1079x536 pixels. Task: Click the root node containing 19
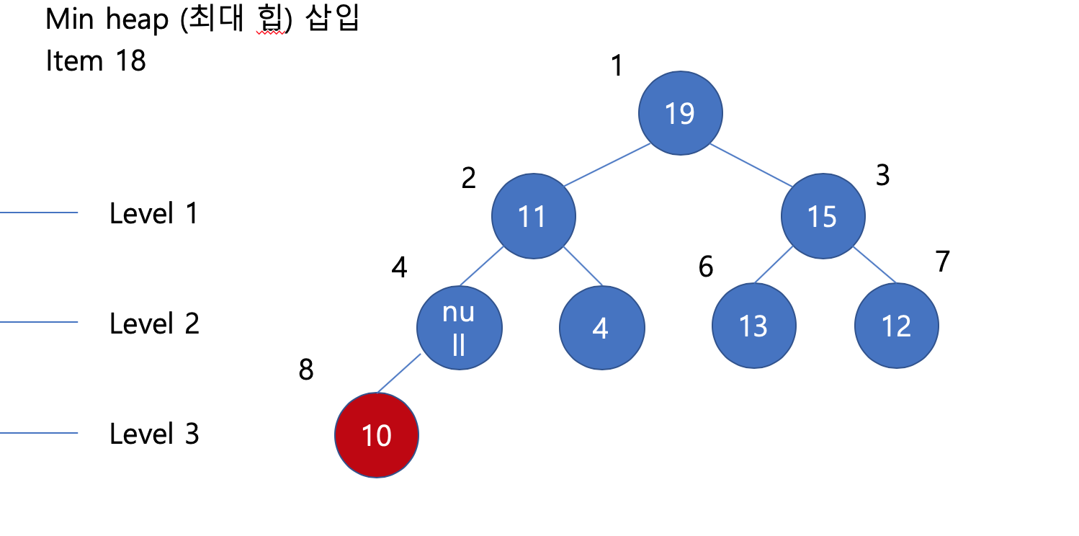(x=679, y=113)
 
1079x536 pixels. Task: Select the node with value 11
(x=533, y=216)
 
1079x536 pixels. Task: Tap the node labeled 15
(x=823, y=216)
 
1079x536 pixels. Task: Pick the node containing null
(x=459, y=328)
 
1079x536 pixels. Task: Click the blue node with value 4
(x=601, y=328)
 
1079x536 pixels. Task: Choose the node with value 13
(x=753, y=326)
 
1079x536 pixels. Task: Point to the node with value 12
(x=896, y=326)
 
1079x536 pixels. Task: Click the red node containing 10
(x=376, y=435)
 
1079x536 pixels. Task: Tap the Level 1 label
(x=153, y=214)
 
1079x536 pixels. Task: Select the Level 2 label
(x=153, y=324)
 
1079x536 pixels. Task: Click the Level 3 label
(x=153, y=434)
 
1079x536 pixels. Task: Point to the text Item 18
(x=96, y=61)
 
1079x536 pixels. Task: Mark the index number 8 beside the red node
(x=306, y=370)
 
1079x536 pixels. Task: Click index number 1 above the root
(x=616, y=66)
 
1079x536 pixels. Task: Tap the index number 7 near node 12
(x=943, y=262)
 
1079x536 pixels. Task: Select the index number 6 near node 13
(x=706, y=267)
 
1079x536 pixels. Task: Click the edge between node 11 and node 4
(x=583, y=266)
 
